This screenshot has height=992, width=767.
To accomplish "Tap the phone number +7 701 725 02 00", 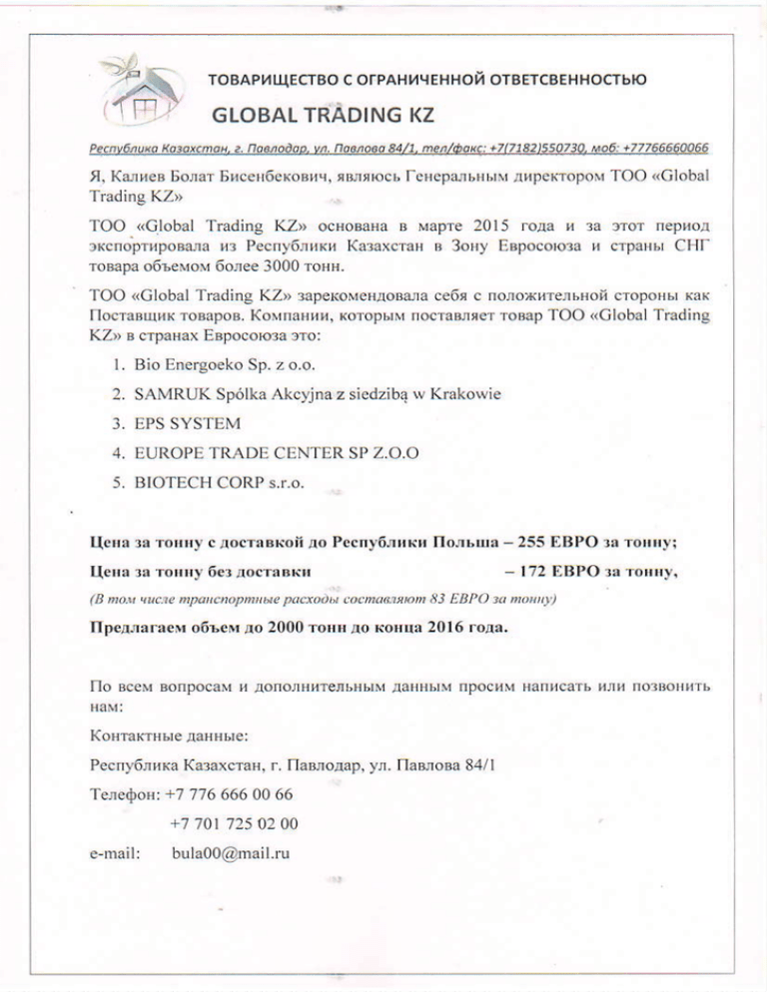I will coord(234,824).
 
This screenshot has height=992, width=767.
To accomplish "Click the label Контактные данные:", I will coord(169,739).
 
